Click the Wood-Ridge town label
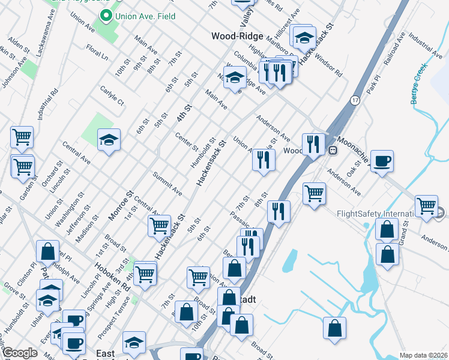237,36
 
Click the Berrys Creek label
420,88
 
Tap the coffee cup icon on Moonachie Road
382,161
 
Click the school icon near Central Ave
109,140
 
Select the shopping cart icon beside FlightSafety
426,206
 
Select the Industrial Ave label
425,44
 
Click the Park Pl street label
375,84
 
